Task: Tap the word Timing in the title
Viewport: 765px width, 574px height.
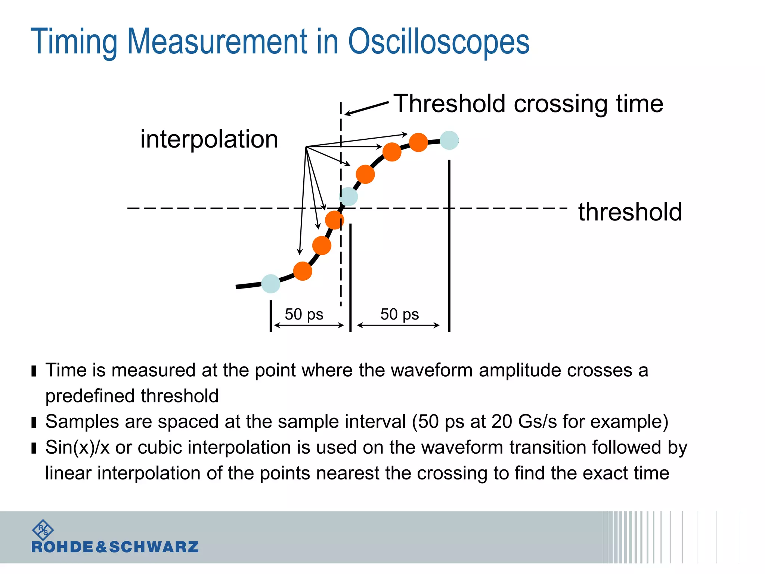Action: point(74,42)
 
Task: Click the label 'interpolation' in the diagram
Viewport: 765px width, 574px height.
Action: point(209,139)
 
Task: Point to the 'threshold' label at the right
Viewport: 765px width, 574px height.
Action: point(630,212)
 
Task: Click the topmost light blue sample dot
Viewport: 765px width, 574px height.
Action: point(449,141)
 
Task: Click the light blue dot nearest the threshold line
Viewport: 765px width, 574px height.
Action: point(348,197)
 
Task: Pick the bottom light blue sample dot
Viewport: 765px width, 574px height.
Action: point(271,284)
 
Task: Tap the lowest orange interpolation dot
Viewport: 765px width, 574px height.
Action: point(303,271)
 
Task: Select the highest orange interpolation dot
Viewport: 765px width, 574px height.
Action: point(418,142)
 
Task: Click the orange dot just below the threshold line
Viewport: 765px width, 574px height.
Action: point(334,220)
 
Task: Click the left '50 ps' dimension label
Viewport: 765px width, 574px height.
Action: point(304,314)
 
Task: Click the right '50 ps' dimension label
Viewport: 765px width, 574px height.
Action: point(399,314)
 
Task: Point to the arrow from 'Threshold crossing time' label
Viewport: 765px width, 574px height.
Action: point(366,108)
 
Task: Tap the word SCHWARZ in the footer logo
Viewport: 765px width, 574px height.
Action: point(154,547)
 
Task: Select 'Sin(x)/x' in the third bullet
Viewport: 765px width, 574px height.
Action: point(77,447)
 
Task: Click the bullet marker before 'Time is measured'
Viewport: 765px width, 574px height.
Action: point(34,371)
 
